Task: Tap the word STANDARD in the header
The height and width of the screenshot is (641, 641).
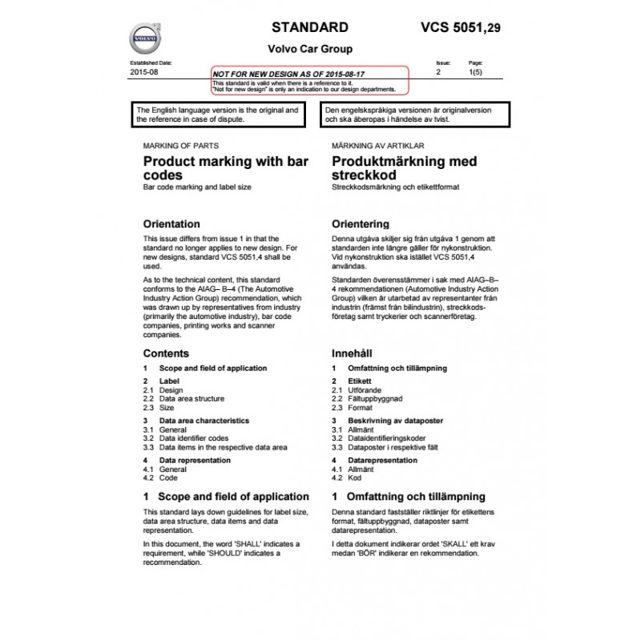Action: coord(310,26)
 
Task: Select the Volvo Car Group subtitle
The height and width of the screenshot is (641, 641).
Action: coord(310,49)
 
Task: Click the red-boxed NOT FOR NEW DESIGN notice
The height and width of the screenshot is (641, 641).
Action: coord(310,79)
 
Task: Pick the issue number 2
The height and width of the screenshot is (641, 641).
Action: coord(438,72)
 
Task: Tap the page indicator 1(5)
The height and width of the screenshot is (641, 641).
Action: coord(475,72)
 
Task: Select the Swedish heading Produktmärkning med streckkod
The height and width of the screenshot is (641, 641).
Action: coord(404,167)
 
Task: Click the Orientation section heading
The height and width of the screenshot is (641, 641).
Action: coord(171,224)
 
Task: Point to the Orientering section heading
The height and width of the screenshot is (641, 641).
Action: coord(361,224)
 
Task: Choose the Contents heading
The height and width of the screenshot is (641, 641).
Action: coord(166,353)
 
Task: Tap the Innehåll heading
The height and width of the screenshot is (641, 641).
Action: coord(352,353)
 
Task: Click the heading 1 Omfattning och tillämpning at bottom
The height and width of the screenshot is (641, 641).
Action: coord(408,497)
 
